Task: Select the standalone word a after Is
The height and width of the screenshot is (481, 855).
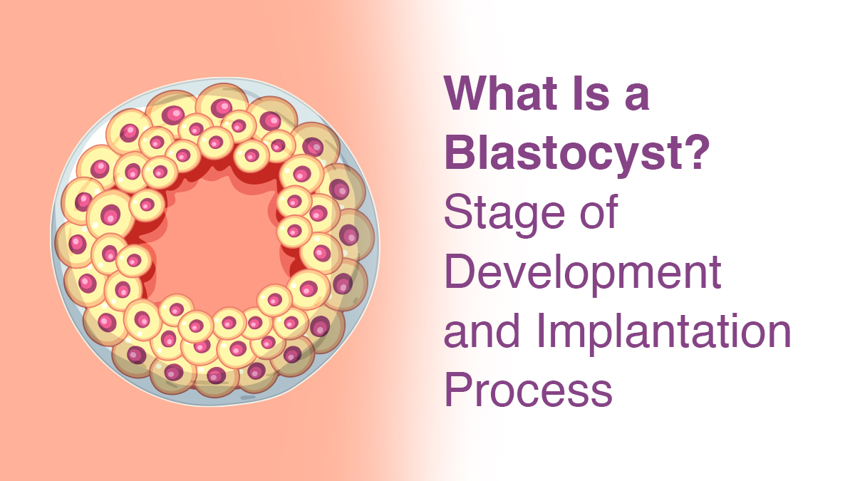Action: click(x=636, y=98)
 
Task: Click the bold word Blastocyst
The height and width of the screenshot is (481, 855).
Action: click(x=563, y=153)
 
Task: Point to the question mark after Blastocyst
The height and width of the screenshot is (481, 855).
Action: click(x=695, y=153)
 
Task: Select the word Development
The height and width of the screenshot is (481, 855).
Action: click(x=583, y=274)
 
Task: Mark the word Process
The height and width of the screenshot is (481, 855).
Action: click(x=528, y=391)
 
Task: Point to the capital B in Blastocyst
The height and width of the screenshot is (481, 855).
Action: click(x=460, y=153)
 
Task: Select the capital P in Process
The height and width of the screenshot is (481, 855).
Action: click(x=459, y=391)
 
